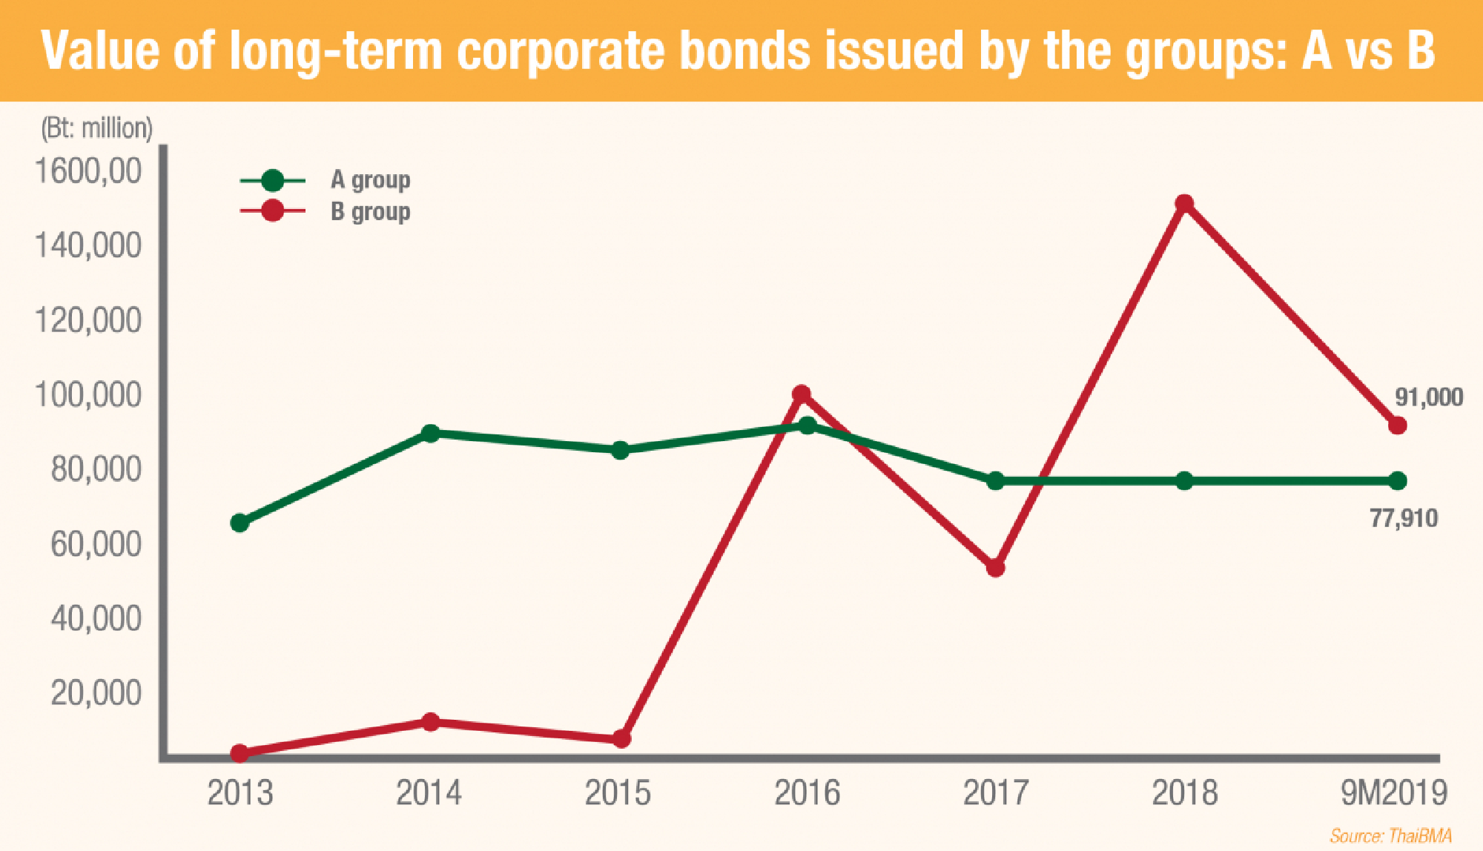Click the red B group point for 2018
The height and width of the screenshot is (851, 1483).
click(1184, 203)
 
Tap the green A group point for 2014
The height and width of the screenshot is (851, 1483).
click(430, 434)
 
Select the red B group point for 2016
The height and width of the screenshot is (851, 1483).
click(801, 394)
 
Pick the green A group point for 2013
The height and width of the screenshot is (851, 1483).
click(240, 523)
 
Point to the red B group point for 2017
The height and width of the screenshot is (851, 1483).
click(995, 568)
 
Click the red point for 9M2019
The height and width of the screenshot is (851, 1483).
click(1397, 425)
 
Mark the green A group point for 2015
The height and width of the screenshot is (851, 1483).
click(621, 450)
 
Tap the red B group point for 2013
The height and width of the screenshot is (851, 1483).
click(240, 753)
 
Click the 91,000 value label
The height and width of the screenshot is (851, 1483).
click(1428, 397)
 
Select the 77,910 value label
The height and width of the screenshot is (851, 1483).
click(1403, 518)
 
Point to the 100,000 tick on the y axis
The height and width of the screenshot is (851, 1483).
click(88, 395)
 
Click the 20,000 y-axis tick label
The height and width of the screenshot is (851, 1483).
click(96, 693)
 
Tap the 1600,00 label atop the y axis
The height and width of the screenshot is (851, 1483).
click(88, 171)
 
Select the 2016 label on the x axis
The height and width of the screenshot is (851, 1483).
click(807, 792)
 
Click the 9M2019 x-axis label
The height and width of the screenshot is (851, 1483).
click(1393, 792)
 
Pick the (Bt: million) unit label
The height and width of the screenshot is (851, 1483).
click(96, 128)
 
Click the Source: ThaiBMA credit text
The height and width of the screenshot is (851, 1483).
click(1390, 836)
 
